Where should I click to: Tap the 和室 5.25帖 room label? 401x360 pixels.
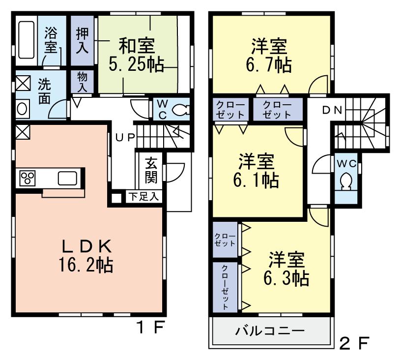136,55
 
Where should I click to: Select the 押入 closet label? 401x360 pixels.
82,41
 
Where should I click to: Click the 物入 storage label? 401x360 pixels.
82,82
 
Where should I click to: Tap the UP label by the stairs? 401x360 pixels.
125,137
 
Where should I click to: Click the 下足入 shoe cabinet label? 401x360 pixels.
143,197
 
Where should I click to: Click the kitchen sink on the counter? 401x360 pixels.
67,178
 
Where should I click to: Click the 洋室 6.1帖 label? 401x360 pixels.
256,170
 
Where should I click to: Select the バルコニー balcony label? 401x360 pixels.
269,330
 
